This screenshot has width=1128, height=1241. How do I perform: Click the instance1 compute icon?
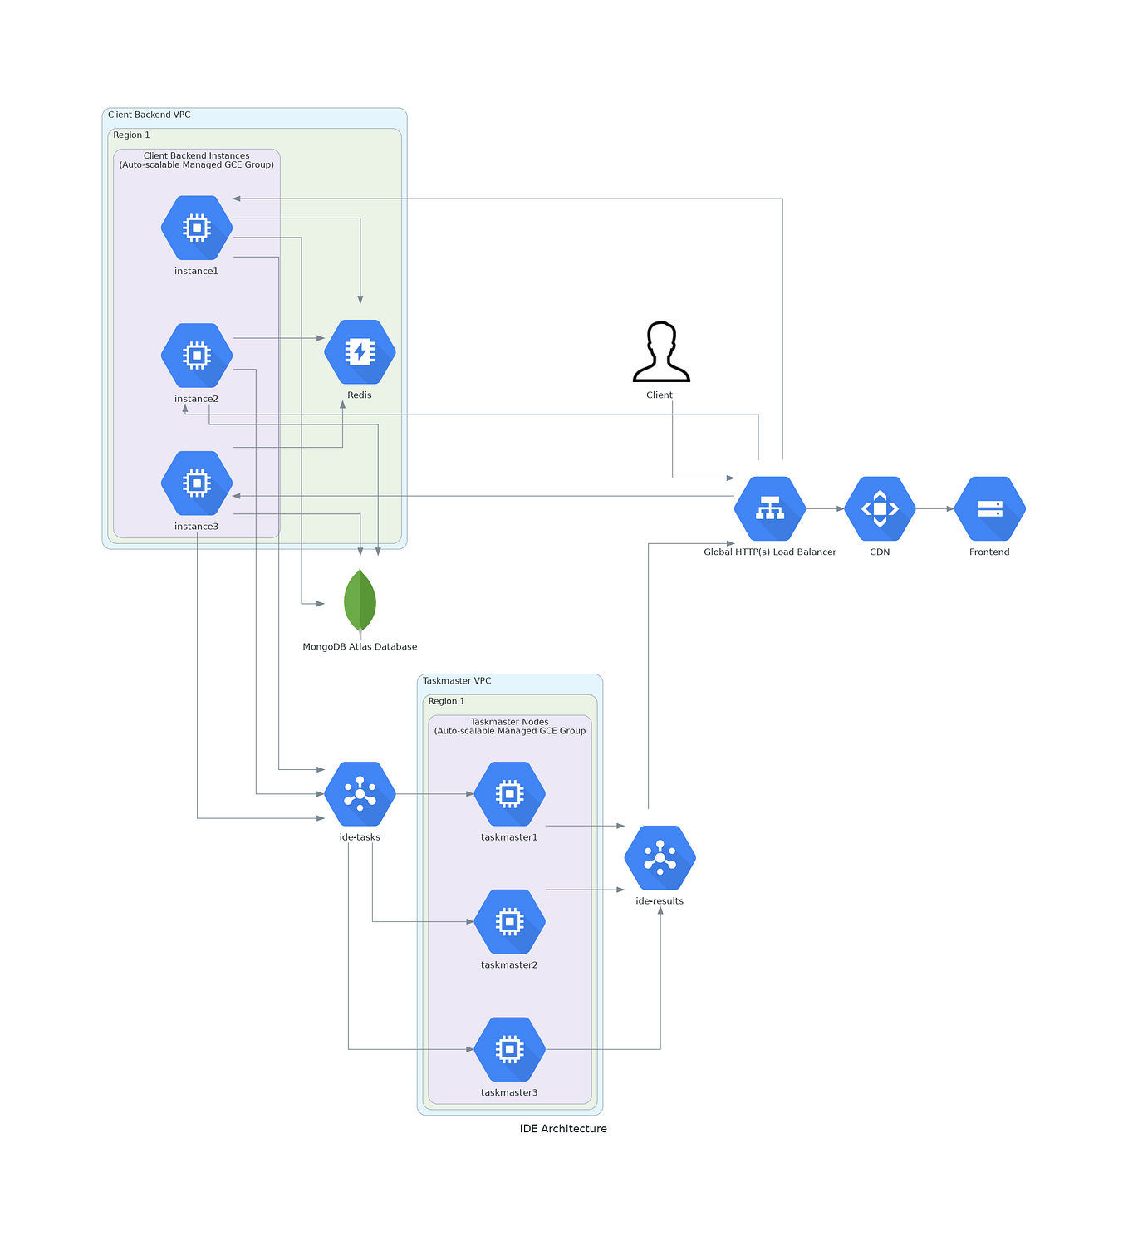(196, 228)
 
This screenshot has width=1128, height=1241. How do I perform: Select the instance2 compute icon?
(196, 356)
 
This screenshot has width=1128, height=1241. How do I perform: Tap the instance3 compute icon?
(196, 483)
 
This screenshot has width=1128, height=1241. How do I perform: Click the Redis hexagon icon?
(360, 352)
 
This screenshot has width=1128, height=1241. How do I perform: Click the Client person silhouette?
(661, 351)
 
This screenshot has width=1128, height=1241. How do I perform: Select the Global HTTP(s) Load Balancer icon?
(770, 508)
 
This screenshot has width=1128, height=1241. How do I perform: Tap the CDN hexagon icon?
(880, 508)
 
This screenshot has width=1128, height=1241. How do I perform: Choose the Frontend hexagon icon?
(989, 508)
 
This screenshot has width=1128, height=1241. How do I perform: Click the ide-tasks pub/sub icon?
(360, 794)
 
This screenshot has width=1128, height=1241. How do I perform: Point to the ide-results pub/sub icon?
(660, 858)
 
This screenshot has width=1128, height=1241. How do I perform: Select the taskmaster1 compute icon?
(509, 794)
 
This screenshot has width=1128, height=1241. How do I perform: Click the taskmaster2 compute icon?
(509, 922)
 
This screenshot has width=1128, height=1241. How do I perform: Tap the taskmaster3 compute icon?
(509, 1050)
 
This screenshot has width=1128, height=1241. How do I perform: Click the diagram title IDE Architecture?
(563, 1129)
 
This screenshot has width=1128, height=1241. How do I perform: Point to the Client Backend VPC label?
(150, 115)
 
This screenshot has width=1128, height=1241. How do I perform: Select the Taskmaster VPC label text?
(457, 681)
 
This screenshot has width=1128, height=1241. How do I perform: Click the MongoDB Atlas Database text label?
(360, 647)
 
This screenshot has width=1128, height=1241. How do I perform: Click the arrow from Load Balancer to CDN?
(825, 508)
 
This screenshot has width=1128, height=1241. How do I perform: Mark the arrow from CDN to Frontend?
(934, 508)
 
